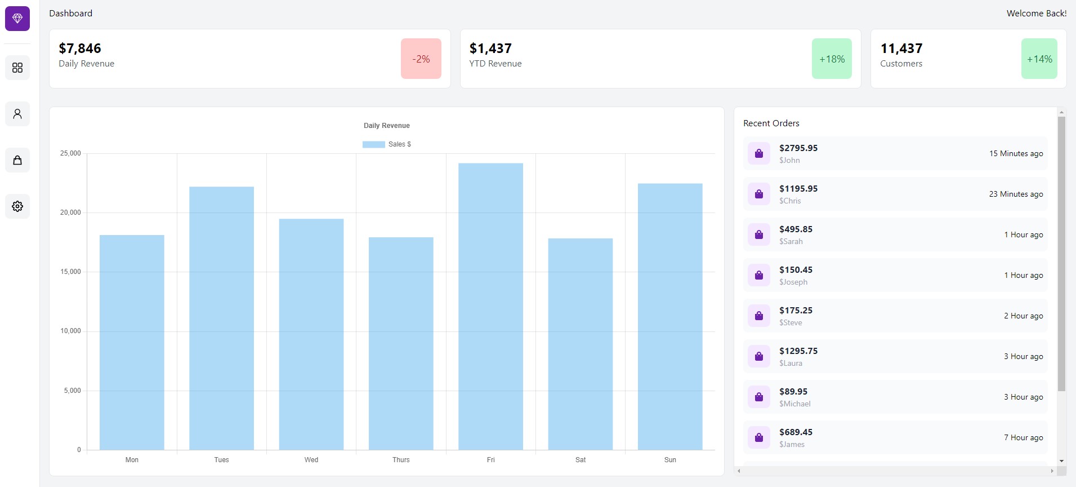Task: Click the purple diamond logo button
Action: pos(17,19)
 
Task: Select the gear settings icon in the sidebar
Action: pos(17,206)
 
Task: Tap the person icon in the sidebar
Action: pos(17,114)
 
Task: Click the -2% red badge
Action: pos(421,59)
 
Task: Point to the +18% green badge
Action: pos(832,59)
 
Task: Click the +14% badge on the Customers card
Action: pos(1039,59)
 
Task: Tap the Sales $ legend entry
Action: pos(387,144)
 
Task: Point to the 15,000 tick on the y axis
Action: pos(70,272)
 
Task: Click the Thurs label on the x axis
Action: pos(401,460)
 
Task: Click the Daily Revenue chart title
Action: pos(386,126)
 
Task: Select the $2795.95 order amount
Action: pos(798,148)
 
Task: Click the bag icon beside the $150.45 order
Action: pos(758,275)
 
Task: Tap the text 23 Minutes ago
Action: pos(1016,194)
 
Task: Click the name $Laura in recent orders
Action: pos(791,364)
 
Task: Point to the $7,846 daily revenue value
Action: pos(80,48)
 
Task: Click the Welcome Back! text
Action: pos(1036,14)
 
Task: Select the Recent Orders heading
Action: pos(771,123)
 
